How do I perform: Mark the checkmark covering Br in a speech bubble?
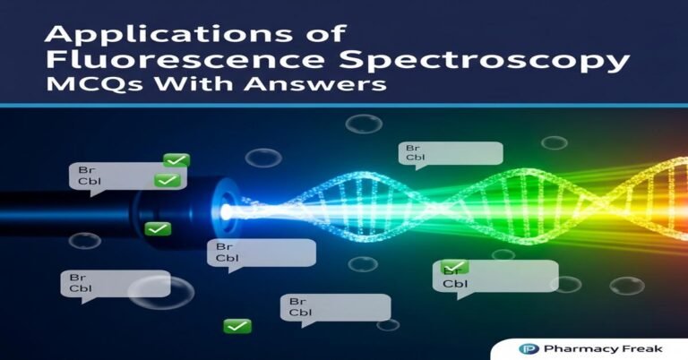454,267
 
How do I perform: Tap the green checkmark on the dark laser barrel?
159,229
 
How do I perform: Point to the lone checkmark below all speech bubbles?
237,326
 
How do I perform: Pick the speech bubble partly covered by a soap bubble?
112,284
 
